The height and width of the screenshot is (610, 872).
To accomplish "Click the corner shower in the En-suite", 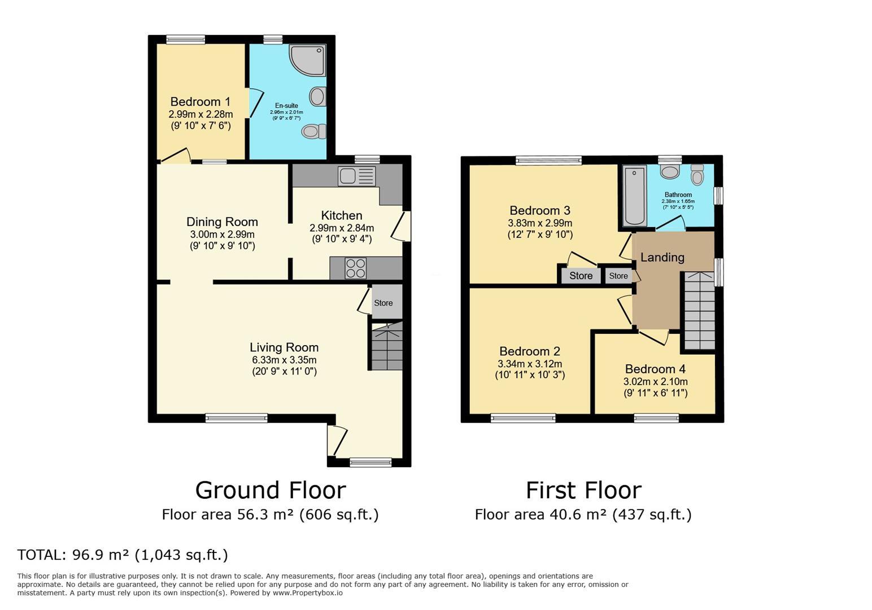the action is click(x=307, y=60).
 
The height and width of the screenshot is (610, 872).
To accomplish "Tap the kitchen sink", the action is click(x=356, y=176).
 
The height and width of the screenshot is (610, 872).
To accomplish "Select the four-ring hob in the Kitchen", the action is click(x=355, y=268).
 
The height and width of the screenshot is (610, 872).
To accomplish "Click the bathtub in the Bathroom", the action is click(x=635, y=196).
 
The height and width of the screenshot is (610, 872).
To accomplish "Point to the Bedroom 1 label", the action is click(x=200, y=102).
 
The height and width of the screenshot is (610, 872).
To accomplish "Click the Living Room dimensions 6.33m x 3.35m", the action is click(x=284, y=360).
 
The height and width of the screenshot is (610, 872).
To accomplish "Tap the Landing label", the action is click(x=662, y=258).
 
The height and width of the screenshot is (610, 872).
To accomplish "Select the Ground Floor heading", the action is click(x=271, y=490).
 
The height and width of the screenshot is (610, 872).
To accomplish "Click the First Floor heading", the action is click(x=583, y=490).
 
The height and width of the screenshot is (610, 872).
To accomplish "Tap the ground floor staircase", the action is click(x=386, y=346).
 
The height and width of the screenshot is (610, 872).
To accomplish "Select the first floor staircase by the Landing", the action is click(x=700, y=311).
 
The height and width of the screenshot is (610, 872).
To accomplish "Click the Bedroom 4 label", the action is click(x=655, y=369).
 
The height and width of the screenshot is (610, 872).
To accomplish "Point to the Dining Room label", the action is click(x=223, y=222).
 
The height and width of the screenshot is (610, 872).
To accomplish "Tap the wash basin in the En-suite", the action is click(x=317, y=96).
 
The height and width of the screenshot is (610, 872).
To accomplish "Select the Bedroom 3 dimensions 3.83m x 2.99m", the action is click(x=540, y=223).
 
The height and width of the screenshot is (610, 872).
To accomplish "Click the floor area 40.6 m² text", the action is click(x=583, y=515).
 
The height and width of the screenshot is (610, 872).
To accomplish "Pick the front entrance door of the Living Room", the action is click(x=337, y=441).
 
